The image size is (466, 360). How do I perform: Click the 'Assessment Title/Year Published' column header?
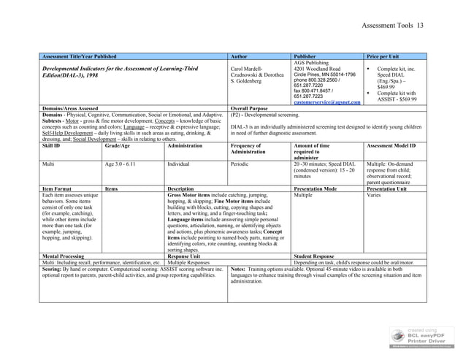[80, 55]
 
